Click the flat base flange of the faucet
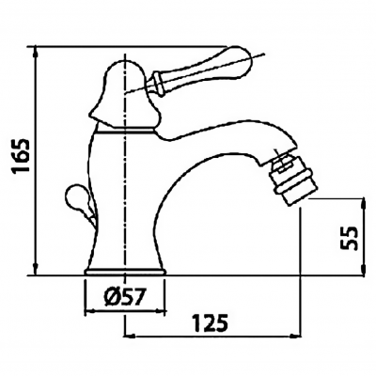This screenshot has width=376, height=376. (125, 272)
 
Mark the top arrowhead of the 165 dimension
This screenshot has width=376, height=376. (35, 50)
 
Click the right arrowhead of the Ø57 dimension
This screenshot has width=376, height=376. (161, 312)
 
